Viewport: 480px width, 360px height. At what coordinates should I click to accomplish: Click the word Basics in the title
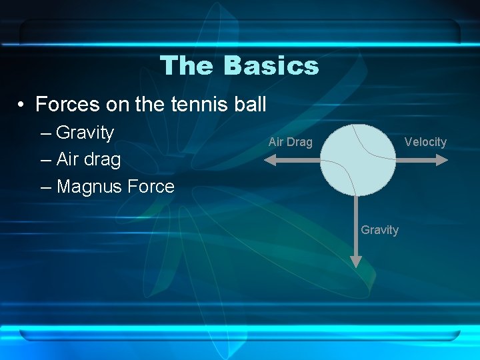point(271,65)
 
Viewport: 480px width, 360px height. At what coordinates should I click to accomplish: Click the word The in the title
point(188,65)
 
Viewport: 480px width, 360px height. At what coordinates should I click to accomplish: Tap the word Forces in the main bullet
point(66,105)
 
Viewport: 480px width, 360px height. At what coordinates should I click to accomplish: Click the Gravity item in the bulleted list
point(85,133)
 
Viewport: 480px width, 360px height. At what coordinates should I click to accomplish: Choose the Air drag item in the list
point(89,160)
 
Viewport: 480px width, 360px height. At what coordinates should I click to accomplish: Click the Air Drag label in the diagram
point(290,142)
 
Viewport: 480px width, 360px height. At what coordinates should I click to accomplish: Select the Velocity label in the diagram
point(425,142)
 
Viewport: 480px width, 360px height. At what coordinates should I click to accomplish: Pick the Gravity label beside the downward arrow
point(379,230)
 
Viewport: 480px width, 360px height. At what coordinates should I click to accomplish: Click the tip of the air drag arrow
point(266,160)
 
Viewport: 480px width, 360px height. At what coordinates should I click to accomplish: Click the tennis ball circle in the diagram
point(357,160)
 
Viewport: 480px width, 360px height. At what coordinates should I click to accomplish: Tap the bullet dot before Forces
point(22,105)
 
